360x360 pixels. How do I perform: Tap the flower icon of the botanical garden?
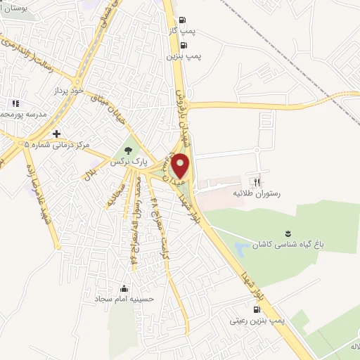tap(286, 234)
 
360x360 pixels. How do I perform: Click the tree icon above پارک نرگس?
tap(127, 150)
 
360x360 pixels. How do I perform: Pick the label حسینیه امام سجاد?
tap(124, 299)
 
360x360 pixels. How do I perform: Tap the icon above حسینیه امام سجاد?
tap(124, 288)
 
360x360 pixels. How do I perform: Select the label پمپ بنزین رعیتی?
tap(258, 320)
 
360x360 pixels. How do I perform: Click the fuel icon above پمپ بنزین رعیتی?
tap(256, 309)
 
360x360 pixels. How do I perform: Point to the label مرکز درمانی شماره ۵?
tap(58, 145)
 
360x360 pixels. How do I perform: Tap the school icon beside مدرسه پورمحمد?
tap(16, 104)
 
